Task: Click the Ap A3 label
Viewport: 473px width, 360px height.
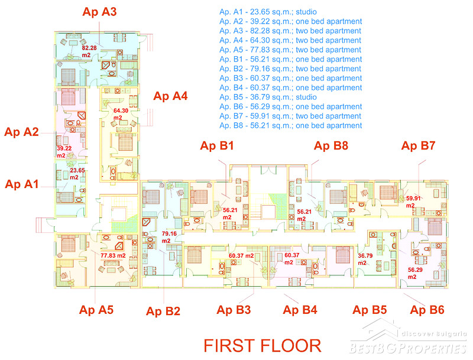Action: pyautogui.click(x=99, y=12)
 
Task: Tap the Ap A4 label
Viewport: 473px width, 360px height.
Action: pyautogui.click(x=170, y=96)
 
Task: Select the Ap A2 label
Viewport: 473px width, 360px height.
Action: pyautogui.click(x=21, y=132)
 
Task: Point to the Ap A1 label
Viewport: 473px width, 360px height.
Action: pyautogui.click(x=22, y=184)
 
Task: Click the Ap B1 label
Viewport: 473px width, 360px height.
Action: pyautogui.click(x=217, y=145)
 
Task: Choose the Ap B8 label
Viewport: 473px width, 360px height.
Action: pyautogui.click(x=331, y=145)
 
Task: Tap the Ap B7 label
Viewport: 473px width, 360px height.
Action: pyautogui.click(x=418, y=145)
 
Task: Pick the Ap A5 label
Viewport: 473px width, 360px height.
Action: pyautogui.click(x=96, y=310)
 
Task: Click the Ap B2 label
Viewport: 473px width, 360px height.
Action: pyautogui.click(x=163, y=311)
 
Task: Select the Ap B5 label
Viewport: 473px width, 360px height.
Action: pyautogui.click(x=370, y=310)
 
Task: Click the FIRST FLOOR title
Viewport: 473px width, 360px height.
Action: pyautogui.click(x=263, y=346)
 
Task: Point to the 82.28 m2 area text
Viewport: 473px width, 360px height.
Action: pyautogui.click(x=89, y=51)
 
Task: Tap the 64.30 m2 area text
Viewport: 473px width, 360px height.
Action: pyautogui.click(x=121, y=114)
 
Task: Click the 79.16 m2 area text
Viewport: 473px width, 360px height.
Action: pyautogui.click(x=169, y=237)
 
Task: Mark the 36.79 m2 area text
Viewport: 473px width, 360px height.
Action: pyautogui.click(x=365, y=259)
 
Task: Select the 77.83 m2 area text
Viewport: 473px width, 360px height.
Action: pyautogui.click(x=113, y=256)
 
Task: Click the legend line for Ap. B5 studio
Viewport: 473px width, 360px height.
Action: pyautogui.click(x=268, y=97)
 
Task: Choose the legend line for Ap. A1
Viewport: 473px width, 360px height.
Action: pyautogui.click(x=268, y=12)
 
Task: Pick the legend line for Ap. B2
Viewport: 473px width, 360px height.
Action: pyautogui.click(x=290, y=69)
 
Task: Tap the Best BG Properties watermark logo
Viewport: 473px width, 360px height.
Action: pyautogui.click(x=408, y=338)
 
